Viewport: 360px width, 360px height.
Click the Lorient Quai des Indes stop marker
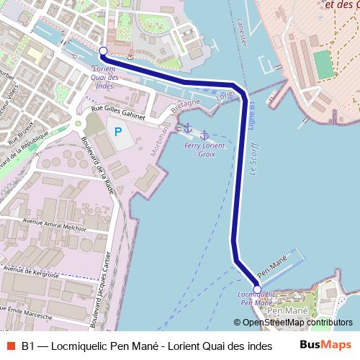point(103,51)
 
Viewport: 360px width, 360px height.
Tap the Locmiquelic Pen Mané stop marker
point(257,281)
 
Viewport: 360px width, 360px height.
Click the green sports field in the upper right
point(324,63)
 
